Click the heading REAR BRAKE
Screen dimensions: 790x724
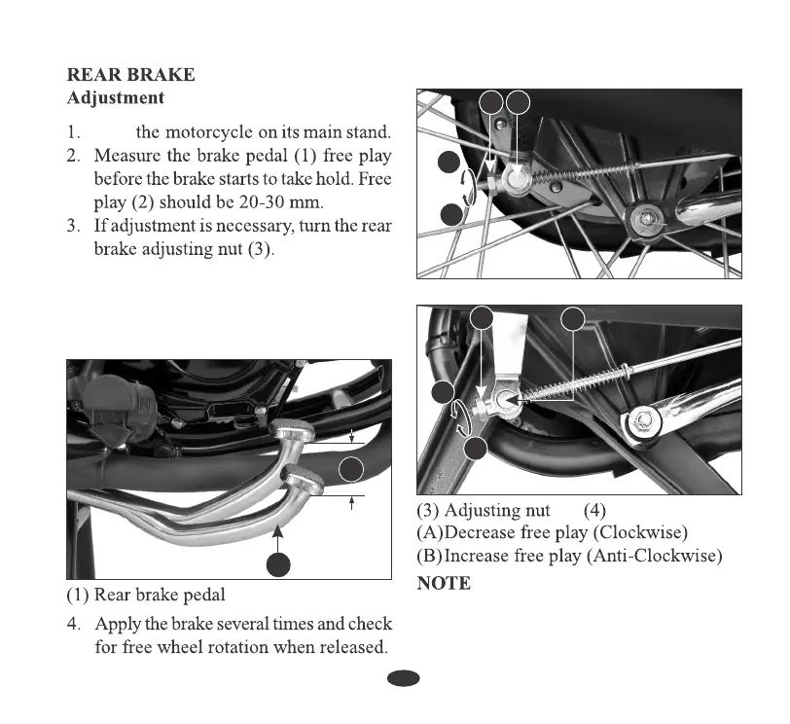click(130, 75)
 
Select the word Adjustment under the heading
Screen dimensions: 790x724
click(115, 98)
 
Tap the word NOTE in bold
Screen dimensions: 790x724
click(444, 584)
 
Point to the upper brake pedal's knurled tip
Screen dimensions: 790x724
click(292, 429)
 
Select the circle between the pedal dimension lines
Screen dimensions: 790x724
click(352, 470)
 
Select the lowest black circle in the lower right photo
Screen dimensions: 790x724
click(476, 450)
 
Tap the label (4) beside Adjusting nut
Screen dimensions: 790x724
click(594, 512)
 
